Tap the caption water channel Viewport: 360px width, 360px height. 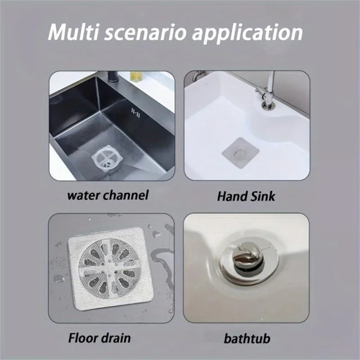[108, 196]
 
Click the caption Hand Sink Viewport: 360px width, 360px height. [246, 197]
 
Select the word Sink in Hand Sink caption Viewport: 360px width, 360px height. [264, 197]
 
